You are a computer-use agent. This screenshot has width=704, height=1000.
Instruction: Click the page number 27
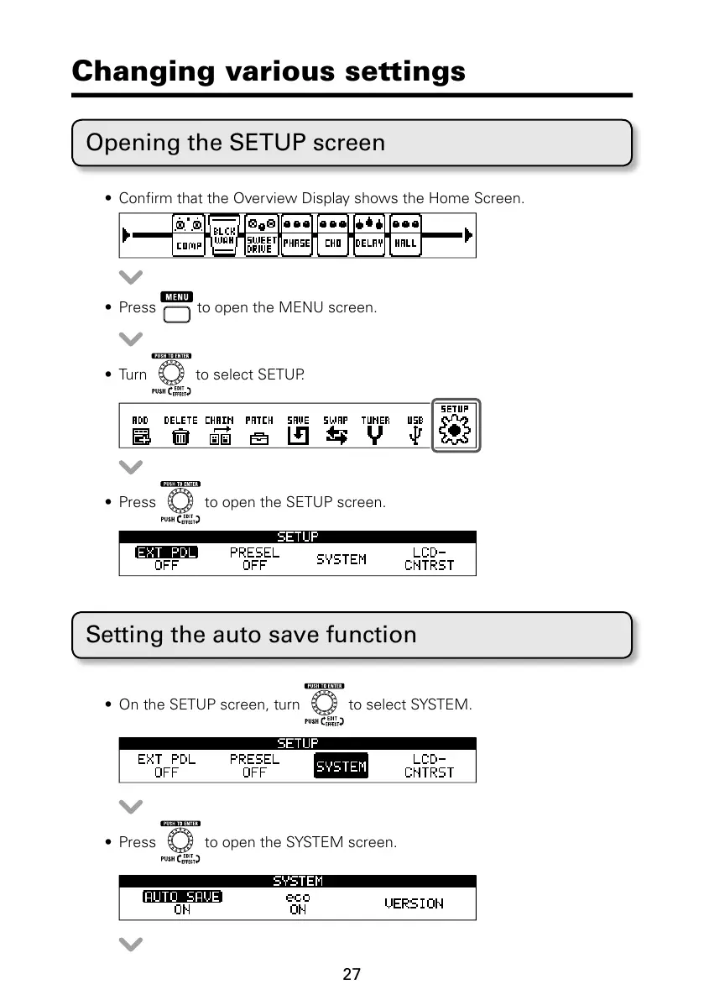[352, 975]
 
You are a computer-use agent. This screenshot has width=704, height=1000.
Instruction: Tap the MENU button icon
[176, 308]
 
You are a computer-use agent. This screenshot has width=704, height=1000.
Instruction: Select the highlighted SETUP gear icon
[456, 426]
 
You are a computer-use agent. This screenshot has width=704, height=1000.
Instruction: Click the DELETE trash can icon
[180, 431]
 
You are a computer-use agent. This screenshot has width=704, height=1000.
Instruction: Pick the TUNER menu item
[375, 430]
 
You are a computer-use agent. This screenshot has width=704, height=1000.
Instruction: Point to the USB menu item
[415, 430]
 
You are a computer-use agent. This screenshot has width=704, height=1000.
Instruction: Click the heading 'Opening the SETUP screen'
[236, 143]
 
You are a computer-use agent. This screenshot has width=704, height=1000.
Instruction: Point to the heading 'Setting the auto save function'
[251, 634]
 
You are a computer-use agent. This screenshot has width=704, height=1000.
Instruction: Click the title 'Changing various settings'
[269, 71]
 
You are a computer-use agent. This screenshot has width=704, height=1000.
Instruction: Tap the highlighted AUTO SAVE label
[182, 897]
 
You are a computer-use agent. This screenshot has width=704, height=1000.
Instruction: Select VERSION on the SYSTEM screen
[414, 903]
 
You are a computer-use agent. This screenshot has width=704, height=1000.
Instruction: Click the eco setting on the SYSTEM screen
[298, 903]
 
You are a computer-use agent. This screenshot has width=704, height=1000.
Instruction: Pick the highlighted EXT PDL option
[166, 552]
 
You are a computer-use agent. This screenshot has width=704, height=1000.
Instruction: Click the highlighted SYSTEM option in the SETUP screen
[341, 767]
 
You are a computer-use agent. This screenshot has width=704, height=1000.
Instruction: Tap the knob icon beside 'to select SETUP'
[170, 374]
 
